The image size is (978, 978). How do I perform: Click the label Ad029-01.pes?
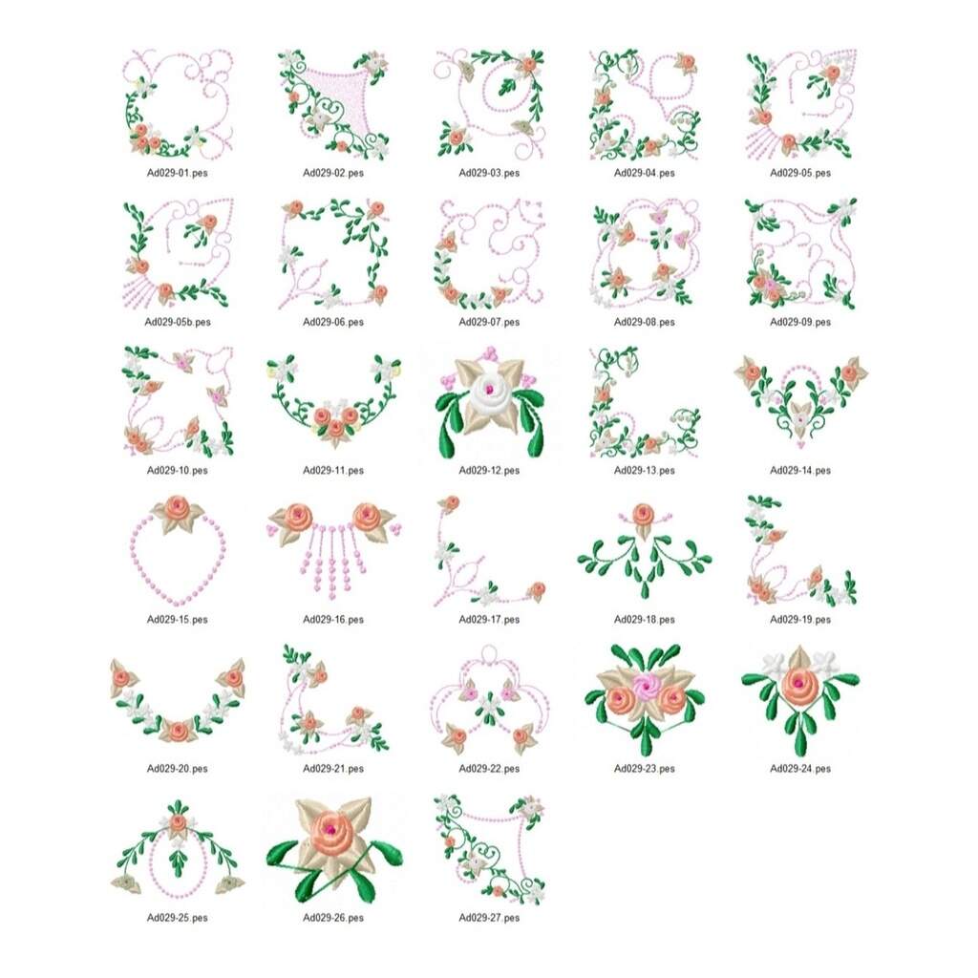pos(177,173)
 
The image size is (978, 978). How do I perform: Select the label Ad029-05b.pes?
pos(177,322)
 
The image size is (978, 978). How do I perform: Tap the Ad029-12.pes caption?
pos(489,470)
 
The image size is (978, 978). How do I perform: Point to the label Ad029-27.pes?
pos(489,918)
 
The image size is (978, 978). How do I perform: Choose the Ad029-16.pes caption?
pos(333,619)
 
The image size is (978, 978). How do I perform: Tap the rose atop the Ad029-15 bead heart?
pos(179,508)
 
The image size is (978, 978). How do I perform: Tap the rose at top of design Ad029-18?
pos(643,515)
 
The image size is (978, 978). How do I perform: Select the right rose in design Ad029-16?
pos(367,515)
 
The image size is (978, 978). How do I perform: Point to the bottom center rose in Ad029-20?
pos(179,730)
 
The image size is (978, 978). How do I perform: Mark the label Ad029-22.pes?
pos(489,769)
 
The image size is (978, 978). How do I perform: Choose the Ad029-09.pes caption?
pos(800,322)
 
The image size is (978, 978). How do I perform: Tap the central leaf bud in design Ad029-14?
pos(800,415)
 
